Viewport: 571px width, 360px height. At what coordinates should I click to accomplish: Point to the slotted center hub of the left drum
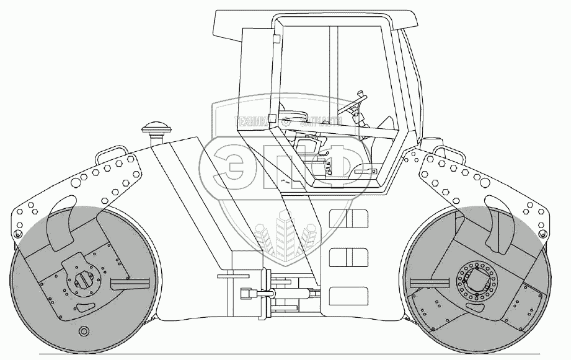[x=83, y=278]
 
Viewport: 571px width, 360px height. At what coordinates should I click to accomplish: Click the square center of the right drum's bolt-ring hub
[x=479, y=280]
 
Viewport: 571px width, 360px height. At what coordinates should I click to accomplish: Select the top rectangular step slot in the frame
[x=348, y=217]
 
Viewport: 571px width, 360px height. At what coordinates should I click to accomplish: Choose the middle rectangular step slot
[x=348, y=256]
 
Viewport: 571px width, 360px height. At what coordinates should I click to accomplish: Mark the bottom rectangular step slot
[x=348, y=295]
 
